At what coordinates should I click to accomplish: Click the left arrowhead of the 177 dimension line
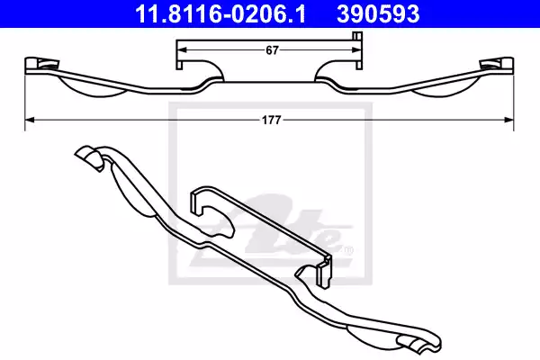coord(29,117)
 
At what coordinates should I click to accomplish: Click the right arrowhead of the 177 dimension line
coord(509,117)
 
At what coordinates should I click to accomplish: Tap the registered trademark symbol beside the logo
coord(348,249)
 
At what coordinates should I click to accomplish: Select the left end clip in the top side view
coord(41,64)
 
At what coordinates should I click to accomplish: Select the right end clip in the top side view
coord(496,64)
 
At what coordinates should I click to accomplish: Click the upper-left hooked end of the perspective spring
coord(88,157)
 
